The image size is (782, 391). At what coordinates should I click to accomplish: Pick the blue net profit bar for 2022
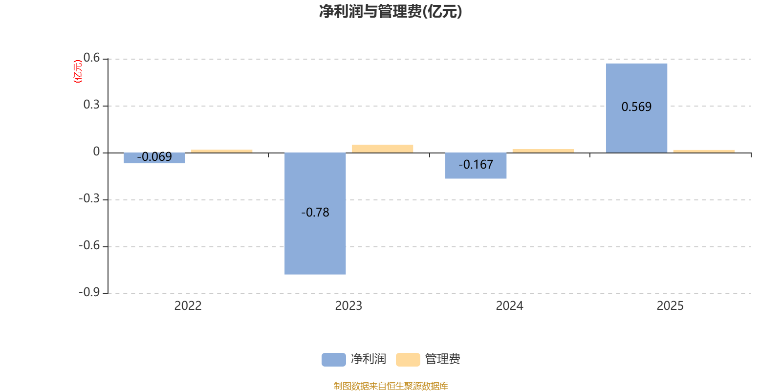(154, 159)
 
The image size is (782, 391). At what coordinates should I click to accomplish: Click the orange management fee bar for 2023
(382, 149)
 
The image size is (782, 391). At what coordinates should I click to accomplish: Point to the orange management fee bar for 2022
(222, 151)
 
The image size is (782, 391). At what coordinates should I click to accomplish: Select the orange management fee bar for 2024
(543, 151)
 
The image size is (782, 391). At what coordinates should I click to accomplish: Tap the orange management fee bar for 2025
(704, 151)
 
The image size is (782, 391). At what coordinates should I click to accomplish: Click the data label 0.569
(636, 107)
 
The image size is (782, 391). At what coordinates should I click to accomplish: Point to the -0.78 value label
(315, 213)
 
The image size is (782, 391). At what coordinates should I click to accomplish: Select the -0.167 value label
(476, 165)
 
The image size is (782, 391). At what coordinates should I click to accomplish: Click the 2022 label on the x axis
(188, 306)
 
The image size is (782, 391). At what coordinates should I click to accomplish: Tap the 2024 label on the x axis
(509, 306)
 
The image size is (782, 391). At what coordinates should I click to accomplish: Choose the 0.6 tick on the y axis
(91, 58)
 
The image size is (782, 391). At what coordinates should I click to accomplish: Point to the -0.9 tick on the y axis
(89, 292)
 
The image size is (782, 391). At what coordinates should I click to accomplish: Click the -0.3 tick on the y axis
(89, 198)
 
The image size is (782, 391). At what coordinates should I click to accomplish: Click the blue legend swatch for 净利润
(333, 359)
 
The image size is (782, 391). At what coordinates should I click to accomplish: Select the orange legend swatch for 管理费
(408, 359)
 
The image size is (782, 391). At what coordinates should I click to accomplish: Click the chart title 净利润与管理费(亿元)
(391, 11)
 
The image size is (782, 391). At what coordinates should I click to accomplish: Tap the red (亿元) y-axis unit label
(77, 71)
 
